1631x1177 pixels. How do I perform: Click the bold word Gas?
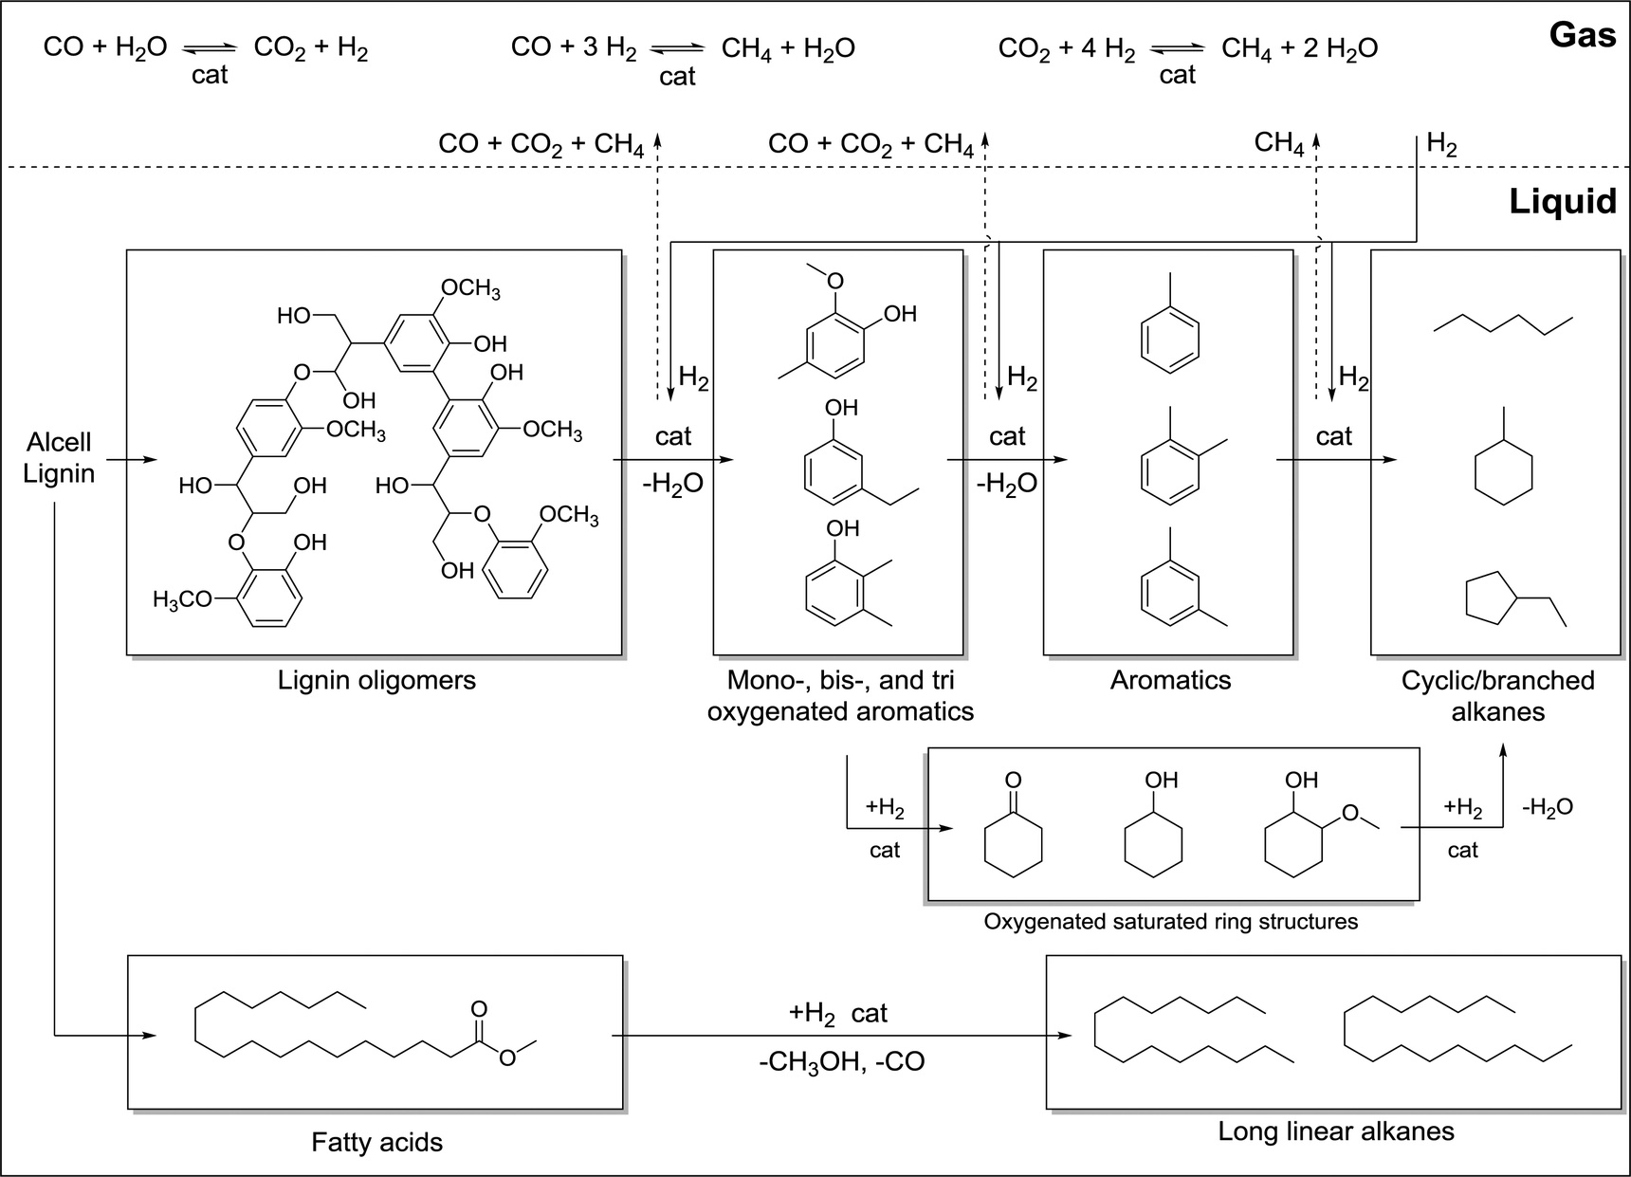pyautogui.click(x=1582, y=35)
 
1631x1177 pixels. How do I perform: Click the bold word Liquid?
pyautogui.click(x=1562, y=201)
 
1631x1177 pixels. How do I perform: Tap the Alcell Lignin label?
pyautogui.click(x=59, y=458)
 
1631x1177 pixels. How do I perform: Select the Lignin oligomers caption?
pyautogui.click(x=376, y=680)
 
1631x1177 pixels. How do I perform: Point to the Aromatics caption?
pyautogui.click(x=1170, y=680)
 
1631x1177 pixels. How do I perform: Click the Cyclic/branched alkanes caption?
pyautogui.click(x=1497, y=695)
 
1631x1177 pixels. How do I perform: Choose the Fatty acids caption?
pyautogui.click(x=376, y=1142)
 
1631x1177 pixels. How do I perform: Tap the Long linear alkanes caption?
pyautogui.click(x=1335, y=1131)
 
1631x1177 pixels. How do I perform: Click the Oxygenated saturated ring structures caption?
pyautogui.click(x=1170, y=921)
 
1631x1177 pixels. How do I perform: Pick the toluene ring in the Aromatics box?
pyautogui.click(x=1169, y=338)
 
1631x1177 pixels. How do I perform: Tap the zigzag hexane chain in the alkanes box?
pyautogui.click(x=1503, y=323)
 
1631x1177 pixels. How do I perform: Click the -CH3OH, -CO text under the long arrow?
pyautogui.click(x=841, y=1060)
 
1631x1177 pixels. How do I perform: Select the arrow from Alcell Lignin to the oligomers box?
pyautogui.click(x=131, y=460)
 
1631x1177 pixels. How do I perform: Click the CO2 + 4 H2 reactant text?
pyautogui.click(x=1066, y=49)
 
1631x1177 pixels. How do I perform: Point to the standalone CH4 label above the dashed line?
pyautogui.click(x=1278, y=143)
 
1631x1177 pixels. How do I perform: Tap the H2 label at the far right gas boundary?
pyautogui.click(x=1441, y=145)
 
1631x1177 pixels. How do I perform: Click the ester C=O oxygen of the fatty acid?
pyautogui.click(x=479, y=1008)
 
